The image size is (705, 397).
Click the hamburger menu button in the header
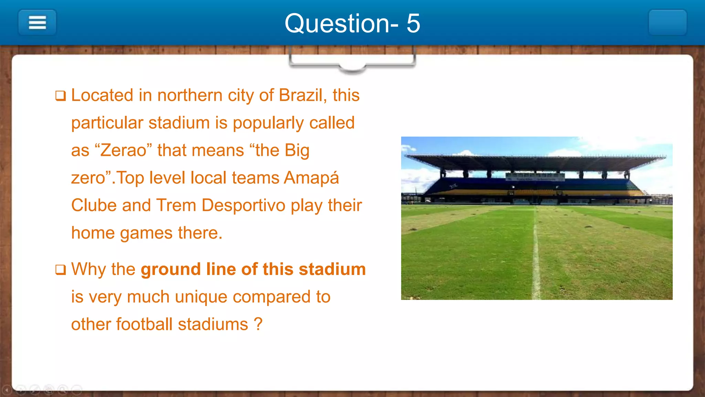[x=37, y=23]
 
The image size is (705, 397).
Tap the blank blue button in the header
[x=667, y=23]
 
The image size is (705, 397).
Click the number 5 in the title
[x=413, y=23]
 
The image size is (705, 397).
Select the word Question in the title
[x=337, y=23]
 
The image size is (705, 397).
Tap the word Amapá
[x=312, y=178]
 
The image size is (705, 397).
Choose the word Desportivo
[x=244, y=205]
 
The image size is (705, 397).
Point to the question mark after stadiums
[x=258, y=324]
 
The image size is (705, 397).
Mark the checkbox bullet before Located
[x=61, y=95]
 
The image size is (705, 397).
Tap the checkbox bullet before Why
[x=61, y=269]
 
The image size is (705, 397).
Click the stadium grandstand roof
[x=536, y=162]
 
